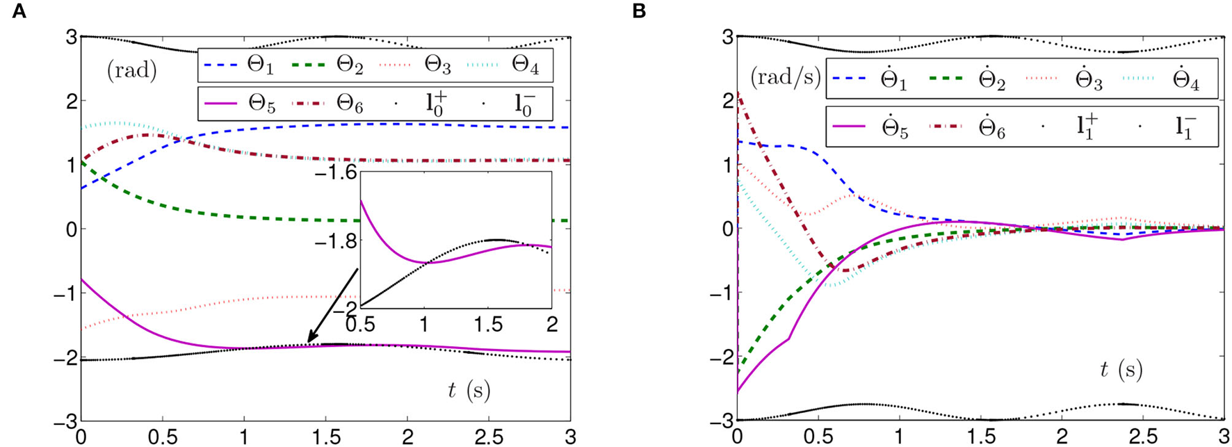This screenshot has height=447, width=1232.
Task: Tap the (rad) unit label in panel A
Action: click(x=131, y=71)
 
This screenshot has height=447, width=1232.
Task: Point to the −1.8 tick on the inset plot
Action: click(x=337, y=241)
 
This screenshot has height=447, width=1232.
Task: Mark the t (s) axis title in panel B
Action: click(x=1121, y=370)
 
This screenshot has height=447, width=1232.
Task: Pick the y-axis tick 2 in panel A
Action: click(x=70, y=101)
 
